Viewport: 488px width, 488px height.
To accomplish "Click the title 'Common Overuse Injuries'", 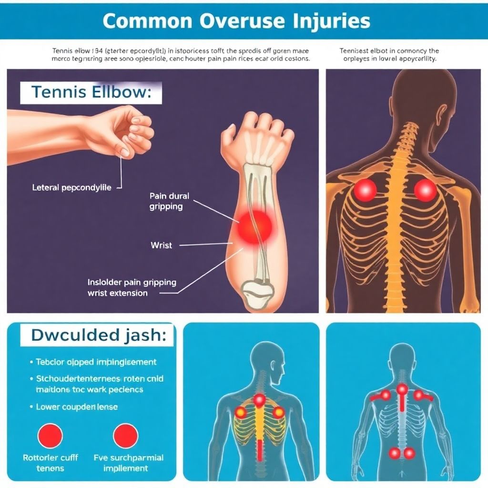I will (236, 21).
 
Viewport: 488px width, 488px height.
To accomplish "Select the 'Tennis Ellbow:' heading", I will (91, 92).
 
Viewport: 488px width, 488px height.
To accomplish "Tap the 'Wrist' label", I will (161, 245).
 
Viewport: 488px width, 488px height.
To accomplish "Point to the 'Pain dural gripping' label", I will (169, 201).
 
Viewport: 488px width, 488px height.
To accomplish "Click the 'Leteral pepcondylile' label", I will (71, 188).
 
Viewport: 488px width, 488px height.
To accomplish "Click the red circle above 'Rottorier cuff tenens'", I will (50, 436).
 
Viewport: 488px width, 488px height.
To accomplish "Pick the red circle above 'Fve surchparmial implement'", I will (125, 436).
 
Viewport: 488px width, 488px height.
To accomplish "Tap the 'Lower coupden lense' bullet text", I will (77, 407).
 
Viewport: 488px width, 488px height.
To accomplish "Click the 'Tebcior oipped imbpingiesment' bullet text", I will (96, 362).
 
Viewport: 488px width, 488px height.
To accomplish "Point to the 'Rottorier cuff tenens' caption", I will (50, 463).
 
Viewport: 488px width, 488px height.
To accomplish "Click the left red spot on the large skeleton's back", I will (365, 190).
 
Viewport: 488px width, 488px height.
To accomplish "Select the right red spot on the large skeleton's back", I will (425, 190).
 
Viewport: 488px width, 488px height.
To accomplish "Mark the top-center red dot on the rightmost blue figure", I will (402, 390).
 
